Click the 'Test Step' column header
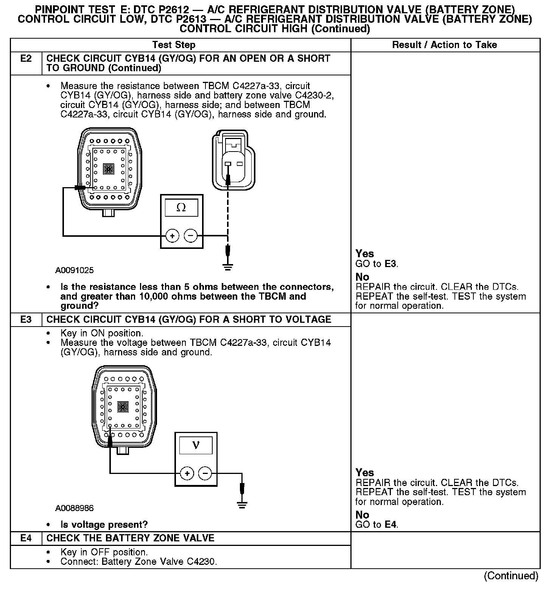[x=174, y=45]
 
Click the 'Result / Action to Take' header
[x=444, y=45]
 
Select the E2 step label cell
[x=26, y=59]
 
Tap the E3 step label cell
[x=26, y=319]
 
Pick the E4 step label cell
[x=26, y=538]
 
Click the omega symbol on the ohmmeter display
[x=181, y=208]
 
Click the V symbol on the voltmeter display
[x=196, y=445]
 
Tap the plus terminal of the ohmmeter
[x=172, y=236]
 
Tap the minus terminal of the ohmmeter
[x=190, y=236]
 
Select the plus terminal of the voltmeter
[x=187, y=473]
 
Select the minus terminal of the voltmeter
[x=205, y=473]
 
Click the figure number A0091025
[x=75, y=270]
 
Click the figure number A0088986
[x=75, y=508]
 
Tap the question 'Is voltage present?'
[x=104, y=525]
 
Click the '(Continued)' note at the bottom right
[x=511, y=576]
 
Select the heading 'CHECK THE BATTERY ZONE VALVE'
[x=130, y=538]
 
